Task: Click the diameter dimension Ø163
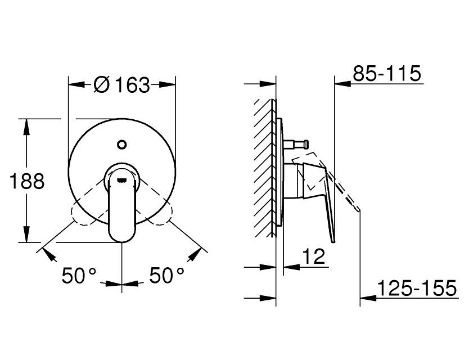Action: click(x=122, y=85)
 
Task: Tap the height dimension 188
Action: click(x=26, y=181)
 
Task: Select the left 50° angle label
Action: click(x=79, y=275)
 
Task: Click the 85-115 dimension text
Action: click(x=387, y=73)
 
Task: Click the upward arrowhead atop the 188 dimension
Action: click(x=26, y=125)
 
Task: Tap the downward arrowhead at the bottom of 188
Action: click(x=26, y=236)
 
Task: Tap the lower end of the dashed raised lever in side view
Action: click(x=358, y=210)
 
